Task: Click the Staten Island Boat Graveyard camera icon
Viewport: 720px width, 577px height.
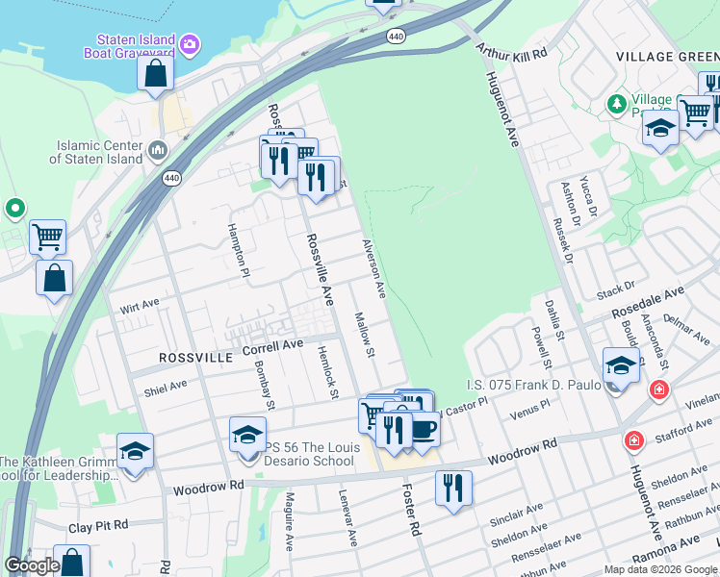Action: [x=191, y=43]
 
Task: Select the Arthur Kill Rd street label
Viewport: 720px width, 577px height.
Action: [x=511, y=56]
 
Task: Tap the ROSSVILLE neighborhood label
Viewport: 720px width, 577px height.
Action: [x=195, y=357]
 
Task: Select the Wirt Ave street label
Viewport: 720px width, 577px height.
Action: [x=139, y=306]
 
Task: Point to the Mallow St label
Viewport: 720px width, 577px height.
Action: [x=363, y=335]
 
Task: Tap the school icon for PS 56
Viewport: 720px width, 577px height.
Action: [x=247, y=434]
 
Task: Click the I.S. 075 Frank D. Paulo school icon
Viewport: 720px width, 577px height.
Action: [x=621, y=366]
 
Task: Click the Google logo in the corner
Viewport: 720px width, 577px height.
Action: [x=32, y=565]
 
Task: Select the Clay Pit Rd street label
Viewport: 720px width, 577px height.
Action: [x=97, y=526]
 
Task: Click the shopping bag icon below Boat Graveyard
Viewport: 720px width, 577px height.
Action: [x=154, y=73]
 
